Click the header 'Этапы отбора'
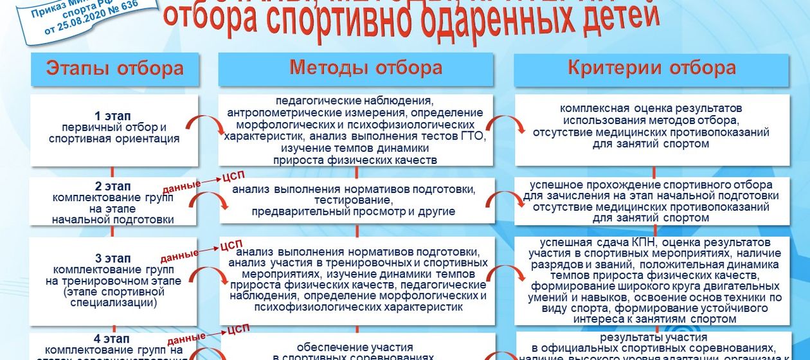114,69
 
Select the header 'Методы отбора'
365,67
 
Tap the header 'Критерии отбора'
651,67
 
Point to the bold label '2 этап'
113,186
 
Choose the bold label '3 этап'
113,258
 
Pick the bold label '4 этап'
113,339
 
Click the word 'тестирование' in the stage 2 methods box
353,201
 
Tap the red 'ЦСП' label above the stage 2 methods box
232,176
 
